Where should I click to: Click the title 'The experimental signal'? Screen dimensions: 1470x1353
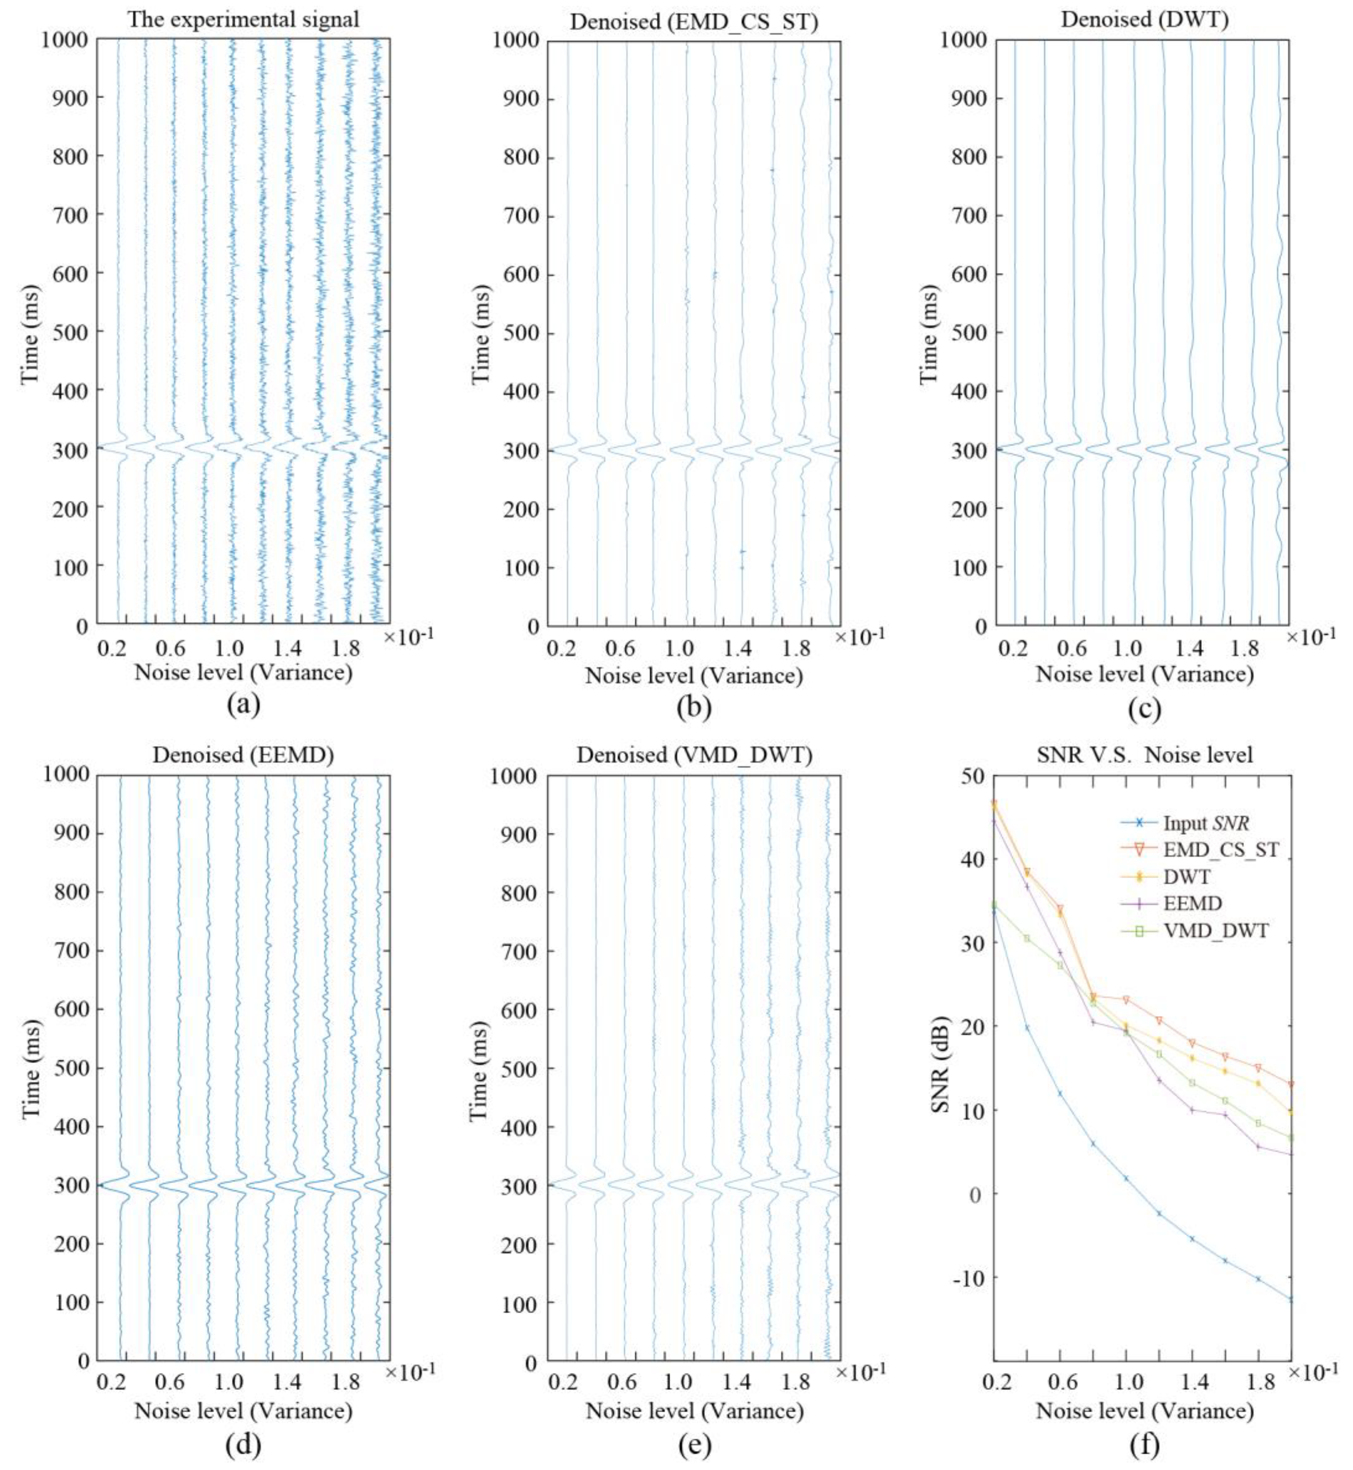[x=244, y=20]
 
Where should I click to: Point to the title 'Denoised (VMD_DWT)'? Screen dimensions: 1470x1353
[x=694, y=755]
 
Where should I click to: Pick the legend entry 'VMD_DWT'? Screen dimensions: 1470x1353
[x=1215, y=931]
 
